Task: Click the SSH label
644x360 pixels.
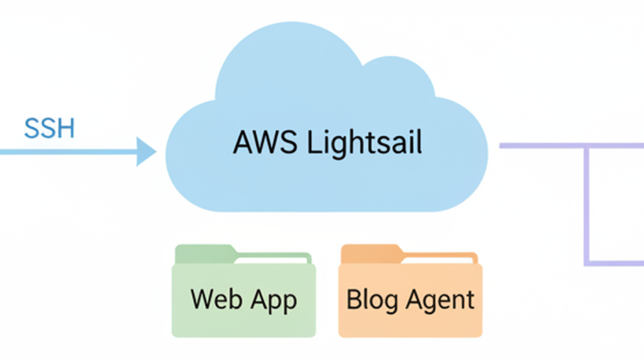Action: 50,128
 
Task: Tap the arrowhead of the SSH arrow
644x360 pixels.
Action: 146,152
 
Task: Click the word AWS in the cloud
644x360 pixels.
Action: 264,143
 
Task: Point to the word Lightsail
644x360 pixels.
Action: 365,143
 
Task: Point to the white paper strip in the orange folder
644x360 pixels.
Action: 440,259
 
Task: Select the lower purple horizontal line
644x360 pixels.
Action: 616,262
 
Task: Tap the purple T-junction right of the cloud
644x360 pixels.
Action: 587,146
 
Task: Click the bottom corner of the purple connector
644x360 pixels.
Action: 587,262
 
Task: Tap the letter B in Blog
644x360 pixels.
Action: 353,299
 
